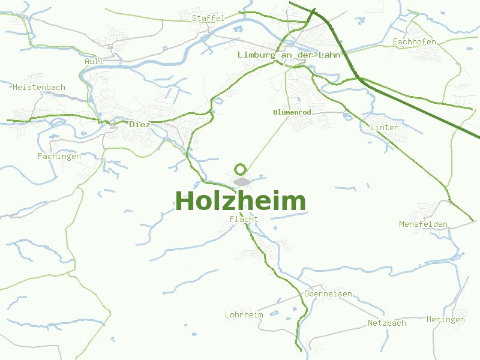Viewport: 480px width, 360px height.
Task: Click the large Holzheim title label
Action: coord(240,201)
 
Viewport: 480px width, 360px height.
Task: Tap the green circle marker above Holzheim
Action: coord(241,169)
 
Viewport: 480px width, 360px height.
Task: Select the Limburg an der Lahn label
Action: coord(289,55)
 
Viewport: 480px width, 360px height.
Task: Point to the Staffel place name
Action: coord(208,18)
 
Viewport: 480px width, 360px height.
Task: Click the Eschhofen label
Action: coord(414,42)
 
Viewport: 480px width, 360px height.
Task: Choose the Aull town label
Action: coord(94,61)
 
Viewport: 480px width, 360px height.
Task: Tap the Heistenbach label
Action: coord(38,88)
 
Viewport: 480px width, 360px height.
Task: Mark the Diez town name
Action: coord(140,124)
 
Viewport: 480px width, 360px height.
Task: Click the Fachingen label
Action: coord(59,157)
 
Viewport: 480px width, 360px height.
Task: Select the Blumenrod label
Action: coord(291,112)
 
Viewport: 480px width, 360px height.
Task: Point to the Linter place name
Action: coord(384,128)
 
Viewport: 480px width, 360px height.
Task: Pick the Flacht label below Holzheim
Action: coord(244,219)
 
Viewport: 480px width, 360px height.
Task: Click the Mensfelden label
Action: coord(423,224)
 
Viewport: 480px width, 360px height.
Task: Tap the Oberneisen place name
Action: coord(328,294)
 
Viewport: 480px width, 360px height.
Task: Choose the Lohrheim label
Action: coord(244,315)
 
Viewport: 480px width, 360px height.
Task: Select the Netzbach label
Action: coord(386,323)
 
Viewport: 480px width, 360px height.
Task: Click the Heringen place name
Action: coord(445,320)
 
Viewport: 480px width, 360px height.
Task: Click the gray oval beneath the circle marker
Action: coord(242,182)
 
